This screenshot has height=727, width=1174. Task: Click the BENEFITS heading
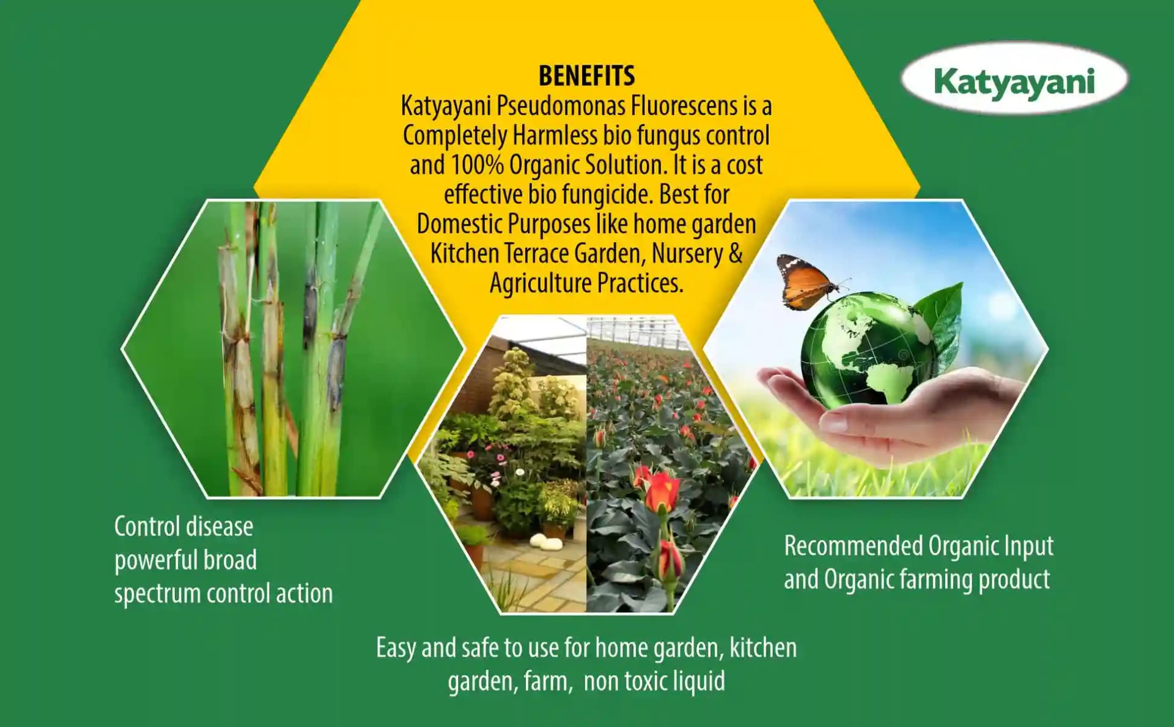pyautogui.click(x=586, y=76)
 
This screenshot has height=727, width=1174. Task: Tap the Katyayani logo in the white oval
pyautogui.click(x=1014, y=80)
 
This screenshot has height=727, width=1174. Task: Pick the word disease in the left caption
pyautogui.click(x=220, y=527)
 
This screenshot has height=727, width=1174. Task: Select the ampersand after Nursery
pyautogui.click(x=736, y=253)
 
